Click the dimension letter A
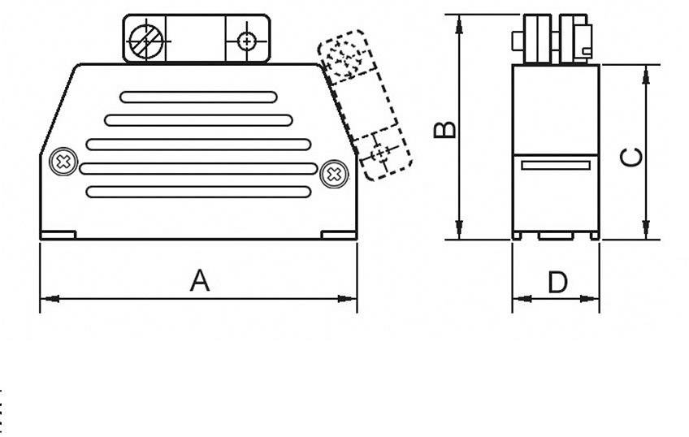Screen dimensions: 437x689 tap(200, 281)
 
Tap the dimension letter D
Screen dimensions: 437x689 tap(557, 283)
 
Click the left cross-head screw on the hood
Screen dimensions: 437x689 tap(61, 161)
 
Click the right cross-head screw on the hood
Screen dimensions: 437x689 tap(333, 174)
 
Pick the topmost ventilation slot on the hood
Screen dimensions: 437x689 tap(198, 97)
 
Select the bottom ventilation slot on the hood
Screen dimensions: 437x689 tap(198, 193)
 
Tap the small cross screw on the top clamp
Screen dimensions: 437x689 tap(246, 41)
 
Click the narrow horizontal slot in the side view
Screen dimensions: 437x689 tap(556, 166)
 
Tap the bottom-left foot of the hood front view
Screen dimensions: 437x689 tap(58, 235)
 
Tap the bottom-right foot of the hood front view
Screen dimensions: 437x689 tap(339, 235)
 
